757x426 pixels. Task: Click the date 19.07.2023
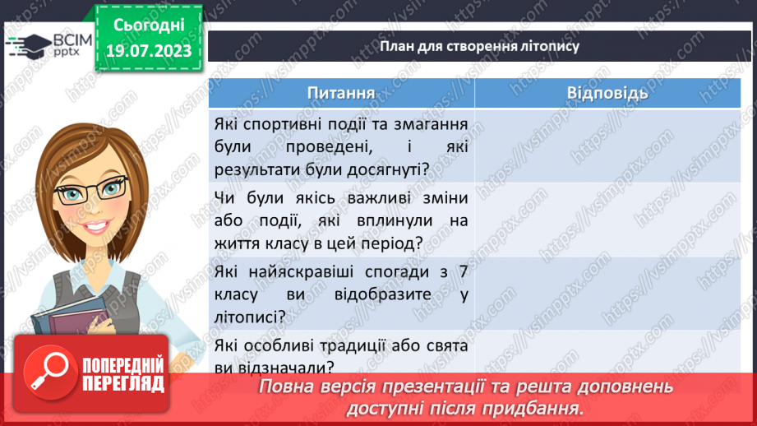click(148, 52)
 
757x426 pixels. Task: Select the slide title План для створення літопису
click(480, 46)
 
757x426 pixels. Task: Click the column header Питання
click(341, 93)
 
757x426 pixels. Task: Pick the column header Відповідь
click(607, 93)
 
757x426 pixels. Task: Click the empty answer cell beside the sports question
click(607, 148)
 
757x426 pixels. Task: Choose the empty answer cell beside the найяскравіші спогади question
click(607, 294)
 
